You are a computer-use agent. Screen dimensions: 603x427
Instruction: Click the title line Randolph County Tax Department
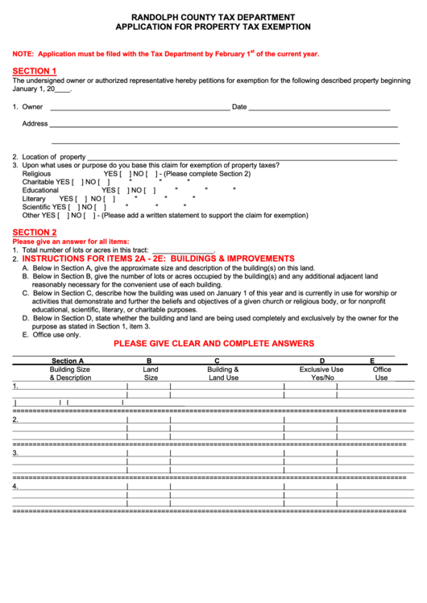pos(213,17)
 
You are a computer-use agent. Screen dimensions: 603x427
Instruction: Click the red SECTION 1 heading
pos(34,71)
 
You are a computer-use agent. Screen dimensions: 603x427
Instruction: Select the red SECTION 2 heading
pos(34,232)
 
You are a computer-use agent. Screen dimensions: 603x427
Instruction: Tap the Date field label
pos(239,107)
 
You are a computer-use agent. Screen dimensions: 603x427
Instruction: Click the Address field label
pos(35,123)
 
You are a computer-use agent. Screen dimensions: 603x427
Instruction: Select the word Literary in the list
pos(34,198)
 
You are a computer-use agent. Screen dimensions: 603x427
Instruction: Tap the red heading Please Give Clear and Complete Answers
pos(213,344)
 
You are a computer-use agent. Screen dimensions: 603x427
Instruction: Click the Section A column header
pos(68,361)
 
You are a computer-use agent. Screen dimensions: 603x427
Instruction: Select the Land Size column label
pos(150,373)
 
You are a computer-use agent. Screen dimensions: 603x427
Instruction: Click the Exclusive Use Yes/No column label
pos(321,373)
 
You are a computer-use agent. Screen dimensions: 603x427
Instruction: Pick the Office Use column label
pos(381,373)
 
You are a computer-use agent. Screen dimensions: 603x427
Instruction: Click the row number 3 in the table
pos(15,452)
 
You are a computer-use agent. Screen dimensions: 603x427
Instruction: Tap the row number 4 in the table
pos(15,486)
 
